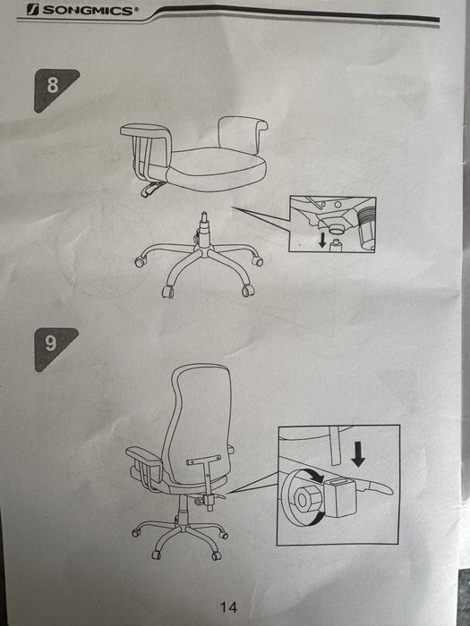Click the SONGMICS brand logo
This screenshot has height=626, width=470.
pos(82,10)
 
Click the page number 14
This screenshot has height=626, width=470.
pos(228,607)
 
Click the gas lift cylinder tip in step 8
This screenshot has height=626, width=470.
pos(205,217)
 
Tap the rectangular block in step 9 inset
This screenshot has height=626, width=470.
pos(340,496)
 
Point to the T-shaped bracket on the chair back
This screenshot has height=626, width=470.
pos(205,480)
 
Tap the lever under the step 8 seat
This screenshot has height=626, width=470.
pos(151,189)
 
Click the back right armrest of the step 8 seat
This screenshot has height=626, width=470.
pos(243,134)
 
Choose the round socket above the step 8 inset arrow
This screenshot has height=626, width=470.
pos(336,229)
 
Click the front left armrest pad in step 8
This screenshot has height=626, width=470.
pos(145,131)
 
